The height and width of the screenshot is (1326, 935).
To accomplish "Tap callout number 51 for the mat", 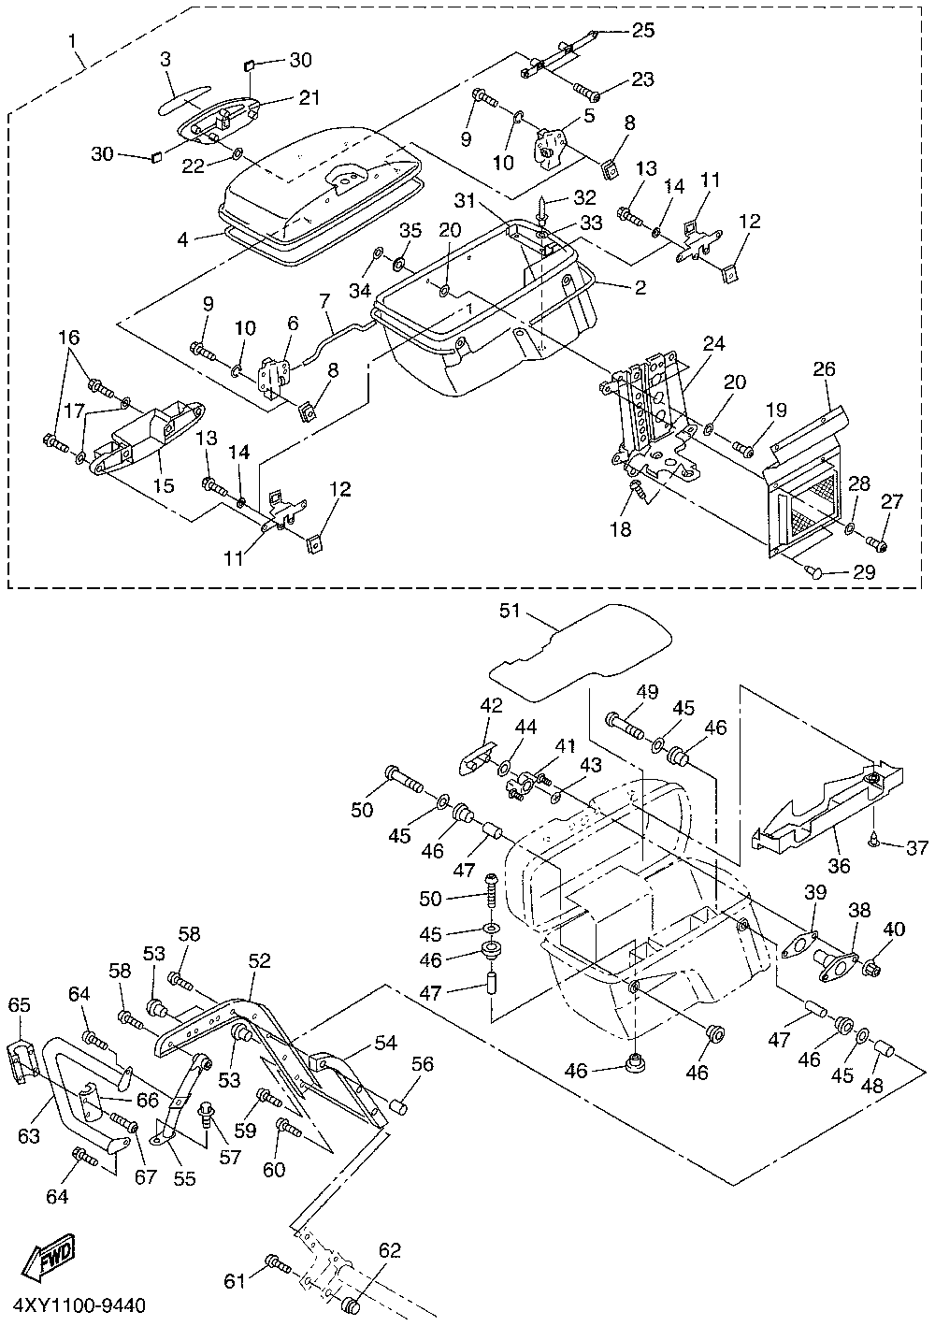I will pyautogui.click(x=509, y=612).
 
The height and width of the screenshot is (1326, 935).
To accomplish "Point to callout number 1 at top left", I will pyautogui.click(x=72, y=41).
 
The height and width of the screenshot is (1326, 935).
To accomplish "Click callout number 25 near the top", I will pyautogui.click(x=643, y=30).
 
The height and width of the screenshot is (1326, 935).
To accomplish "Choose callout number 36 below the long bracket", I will pyautogui.click(x=840, y=865).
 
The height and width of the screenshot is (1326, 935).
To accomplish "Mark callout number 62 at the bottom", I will pyautogui.click(x=389, y=1249).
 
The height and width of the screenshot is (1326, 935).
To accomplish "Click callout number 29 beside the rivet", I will pyautogui.click(x=863, y=572).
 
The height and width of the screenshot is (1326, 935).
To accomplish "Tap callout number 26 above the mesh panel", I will pyautogui.click(x=823, y=369).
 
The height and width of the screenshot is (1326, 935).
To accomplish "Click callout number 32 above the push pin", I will pyautogui.click(x=584, y=197).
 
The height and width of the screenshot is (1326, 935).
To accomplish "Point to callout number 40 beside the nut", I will pyautogui.click(x=895, y=930).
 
